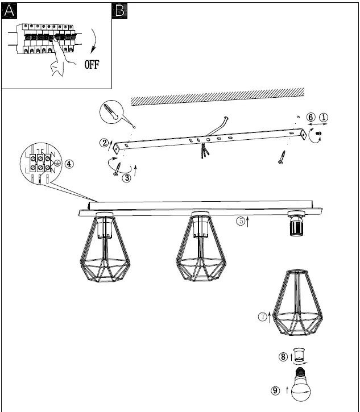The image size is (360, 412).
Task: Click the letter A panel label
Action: point(9,10)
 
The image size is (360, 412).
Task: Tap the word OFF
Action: point(92,64)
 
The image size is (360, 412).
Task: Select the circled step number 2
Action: point(105,143)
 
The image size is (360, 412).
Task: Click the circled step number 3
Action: point(126,177)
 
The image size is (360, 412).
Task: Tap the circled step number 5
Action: point(241,221)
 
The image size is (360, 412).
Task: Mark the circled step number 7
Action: point(263,317)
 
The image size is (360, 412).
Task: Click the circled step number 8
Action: point(283,357)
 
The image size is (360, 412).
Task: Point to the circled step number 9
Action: point(276,390)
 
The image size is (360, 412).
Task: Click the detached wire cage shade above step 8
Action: point(298,307)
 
